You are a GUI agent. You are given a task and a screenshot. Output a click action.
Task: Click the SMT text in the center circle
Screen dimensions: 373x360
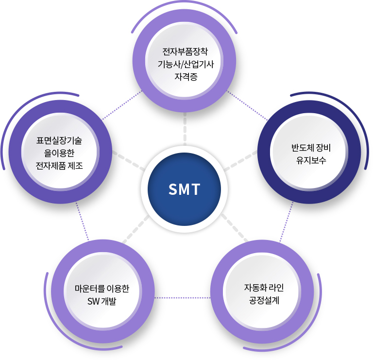point(185,189)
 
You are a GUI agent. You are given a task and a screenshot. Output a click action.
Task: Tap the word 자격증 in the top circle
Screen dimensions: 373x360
point(186,77)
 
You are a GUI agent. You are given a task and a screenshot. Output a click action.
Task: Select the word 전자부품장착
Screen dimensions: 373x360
point(186,51)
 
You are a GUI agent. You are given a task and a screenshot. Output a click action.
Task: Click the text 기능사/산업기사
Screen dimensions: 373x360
point(186,64)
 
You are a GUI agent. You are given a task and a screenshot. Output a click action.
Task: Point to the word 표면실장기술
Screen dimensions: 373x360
point(59,140)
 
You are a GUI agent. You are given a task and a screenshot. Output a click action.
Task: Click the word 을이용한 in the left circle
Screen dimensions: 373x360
point(59,153)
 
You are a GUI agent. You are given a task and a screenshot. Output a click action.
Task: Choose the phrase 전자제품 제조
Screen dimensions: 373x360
point(59,166)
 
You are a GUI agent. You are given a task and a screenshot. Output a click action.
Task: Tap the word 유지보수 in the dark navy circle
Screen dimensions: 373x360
point(311,160)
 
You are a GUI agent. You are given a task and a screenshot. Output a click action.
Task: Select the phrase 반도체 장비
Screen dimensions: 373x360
point(311,148)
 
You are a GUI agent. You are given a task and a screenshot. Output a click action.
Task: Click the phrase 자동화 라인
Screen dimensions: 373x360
point(264,288)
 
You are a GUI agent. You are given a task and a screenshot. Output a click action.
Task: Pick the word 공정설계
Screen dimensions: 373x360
point(264,300)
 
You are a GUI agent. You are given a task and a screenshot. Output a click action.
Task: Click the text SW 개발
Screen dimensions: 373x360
point(102,302)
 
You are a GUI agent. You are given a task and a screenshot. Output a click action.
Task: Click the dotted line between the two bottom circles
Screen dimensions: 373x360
point(183,298)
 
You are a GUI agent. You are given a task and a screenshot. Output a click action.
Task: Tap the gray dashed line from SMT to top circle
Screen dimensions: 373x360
point(185,129)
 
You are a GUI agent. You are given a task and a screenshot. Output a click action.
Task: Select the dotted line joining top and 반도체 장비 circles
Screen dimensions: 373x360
point(247,105)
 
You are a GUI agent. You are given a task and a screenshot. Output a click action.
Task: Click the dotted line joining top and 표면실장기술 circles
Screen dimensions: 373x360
point(122,105)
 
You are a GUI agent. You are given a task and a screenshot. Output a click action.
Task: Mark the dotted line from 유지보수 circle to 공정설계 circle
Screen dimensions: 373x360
point(287,222)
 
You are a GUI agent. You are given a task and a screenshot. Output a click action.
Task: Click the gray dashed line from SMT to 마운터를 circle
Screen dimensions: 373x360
point(136,229)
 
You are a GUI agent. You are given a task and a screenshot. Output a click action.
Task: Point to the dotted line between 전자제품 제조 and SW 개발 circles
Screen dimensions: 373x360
point(82,221)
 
